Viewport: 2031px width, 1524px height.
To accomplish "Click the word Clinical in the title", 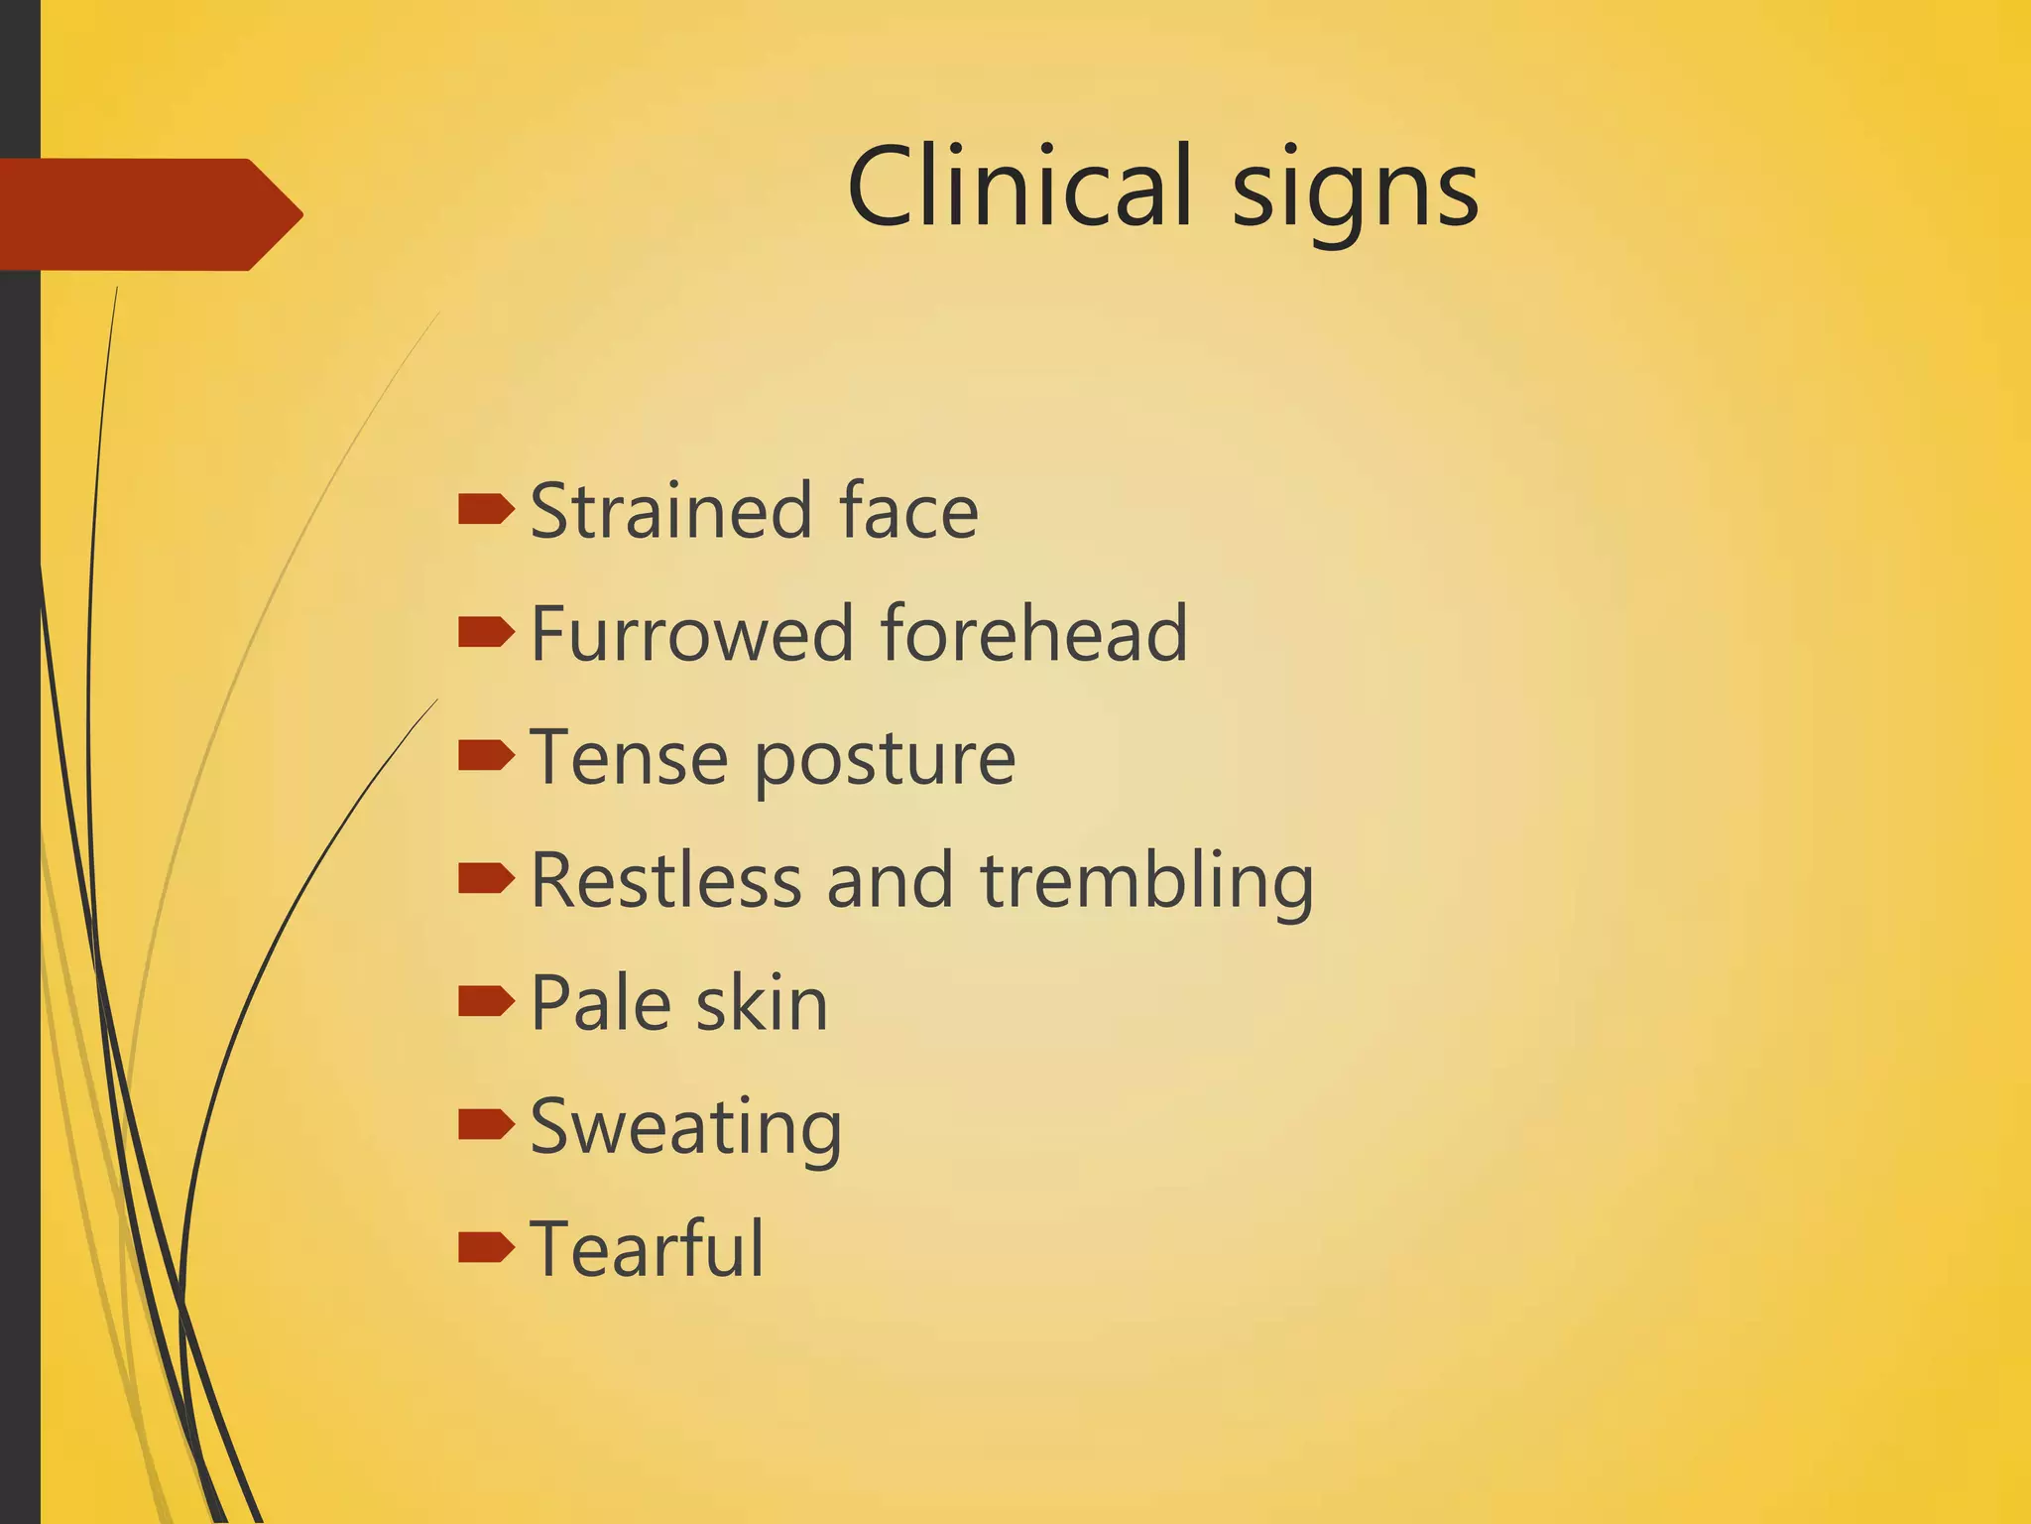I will [1018, 186].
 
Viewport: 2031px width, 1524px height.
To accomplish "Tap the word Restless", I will [665, 880].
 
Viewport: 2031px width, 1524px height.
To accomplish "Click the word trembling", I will [1147, 882].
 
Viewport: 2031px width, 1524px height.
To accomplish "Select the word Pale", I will [601, 1003].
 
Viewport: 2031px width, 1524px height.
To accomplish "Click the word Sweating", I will [686, 1128].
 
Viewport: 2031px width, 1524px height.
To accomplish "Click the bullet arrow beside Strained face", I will [486, 510].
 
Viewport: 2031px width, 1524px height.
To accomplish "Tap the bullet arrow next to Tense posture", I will [486, 756].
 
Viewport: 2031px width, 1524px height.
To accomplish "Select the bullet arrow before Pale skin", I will [486, 1002].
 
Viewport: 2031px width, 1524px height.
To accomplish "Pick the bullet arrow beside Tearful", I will [486, 1247].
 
